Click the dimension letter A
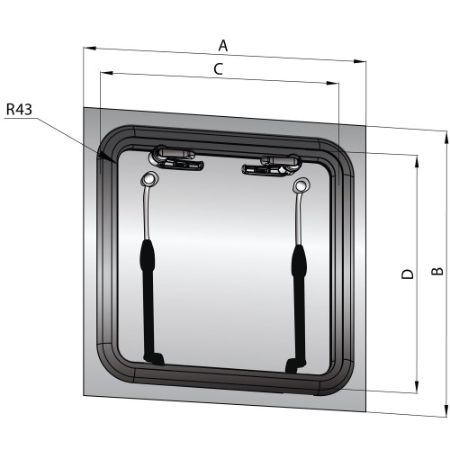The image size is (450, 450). point(223,44)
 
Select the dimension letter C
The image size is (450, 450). point(218,67)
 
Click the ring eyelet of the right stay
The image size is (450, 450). point(301,186)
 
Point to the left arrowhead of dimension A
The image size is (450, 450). point(87,49)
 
